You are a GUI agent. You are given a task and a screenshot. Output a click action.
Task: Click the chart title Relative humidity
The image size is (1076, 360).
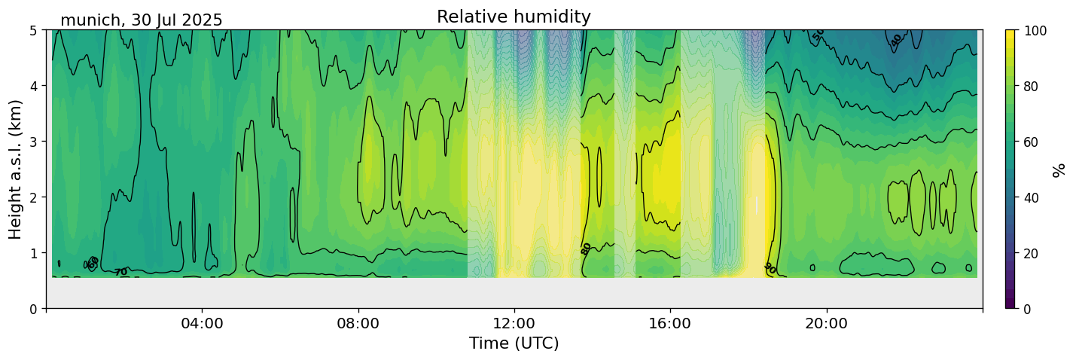pyautogui.click(x=514, y=17)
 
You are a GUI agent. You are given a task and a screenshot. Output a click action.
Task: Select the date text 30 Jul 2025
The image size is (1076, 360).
pyautogui.click(x=177, y=20)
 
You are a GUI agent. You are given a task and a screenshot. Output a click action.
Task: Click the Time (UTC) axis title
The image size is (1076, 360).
pyautogui.click(x=514, y=343)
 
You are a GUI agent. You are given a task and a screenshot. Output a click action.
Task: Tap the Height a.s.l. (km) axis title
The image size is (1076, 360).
pyautogui.click(x=16, y=169)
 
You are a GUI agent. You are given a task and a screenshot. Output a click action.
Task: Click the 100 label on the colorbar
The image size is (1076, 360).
pyautogui.click(x=1035, y=30)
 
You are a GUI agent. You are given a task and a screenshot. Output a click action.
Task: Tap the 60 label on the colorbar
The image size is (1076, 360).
pyautogui.click(x=1032, y=142)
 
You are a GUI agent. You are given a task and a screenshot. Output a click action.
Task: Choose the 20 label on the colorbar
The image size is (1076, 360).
pyautogui.click(x=1032, y=253)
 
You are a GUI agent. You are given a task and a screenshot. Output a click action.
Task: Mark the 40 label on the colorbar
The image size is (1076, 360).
pyautogui.click(x=1032, y=197)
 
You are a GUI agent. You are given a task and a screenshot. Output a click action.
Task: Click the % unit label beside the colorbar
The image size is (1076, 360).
pyautogui.click(x=1060, y=169)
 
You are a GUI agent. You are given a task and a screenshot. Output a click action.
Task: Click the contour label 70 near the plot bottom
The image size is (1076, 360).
pyautogui.click(x=120, y=272)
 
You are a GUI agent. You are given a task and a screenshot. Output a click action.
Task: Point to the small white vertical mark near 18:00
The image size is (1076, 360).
pyautogui.click(x=757, y=205)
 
